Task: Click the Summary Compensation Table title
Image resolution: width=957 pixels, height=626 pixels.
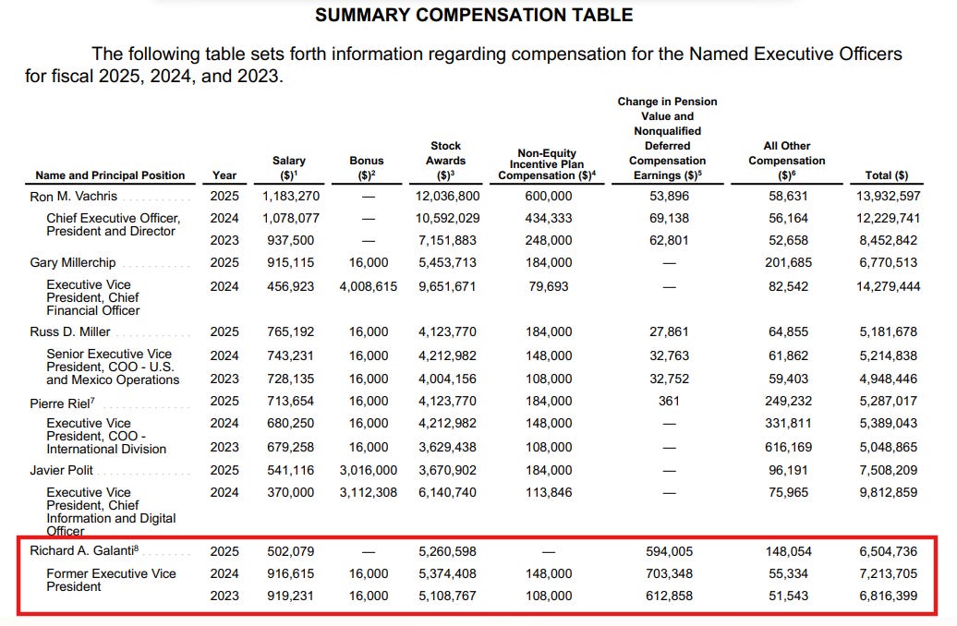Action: pos(474,15)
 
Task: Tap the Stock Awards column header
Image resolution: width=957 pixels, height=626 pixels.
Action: pos(446,160)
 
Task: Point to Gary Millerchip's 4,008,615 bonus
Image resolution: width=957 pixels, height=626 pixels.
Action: pos(367,286)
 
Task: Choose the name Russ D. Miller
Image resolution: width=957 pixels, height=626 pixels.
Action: pos(71,331)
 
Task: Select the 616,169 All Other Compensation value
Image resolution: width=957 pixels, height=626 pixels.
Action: pos(788,447)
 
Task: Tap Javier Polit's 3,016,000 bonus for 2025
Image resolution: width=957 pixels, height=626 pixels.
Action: pos(367,470)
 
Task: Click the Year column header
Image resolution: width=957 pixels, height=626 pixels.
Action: pos(224,175)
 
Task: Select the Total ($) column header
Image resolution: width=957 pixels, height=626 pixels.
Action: pos(886,175)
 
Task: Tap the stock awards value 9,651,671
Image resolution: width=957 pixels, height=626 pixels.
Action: pos(446,286)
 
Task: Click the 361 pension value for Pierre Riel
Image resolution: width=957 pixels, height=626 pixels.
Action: pos(670,402)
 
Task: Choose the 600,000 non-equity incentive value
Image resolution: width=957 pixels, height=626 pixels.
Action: pos(548,197)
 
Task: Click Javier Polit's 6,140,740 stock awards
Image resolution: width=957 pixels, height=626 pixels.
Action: pos(446,493)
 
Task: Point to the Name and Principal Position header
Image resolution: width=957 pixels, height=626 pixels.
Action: pos(110,175)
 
